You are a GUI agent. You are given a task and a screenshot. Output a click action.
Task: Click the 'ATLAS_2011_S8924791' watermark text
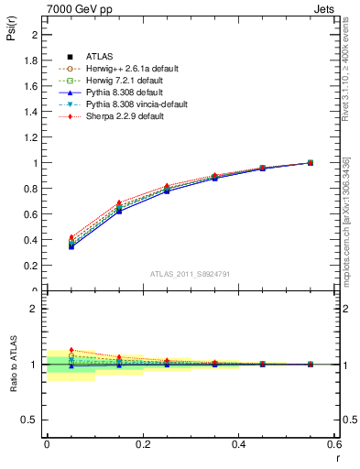pyautogui.click(x=190, y=273)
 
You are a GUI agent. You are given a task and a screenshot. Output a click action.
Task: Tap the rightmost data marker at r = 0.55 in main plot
pyautogui.click(x=310, y=163)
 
